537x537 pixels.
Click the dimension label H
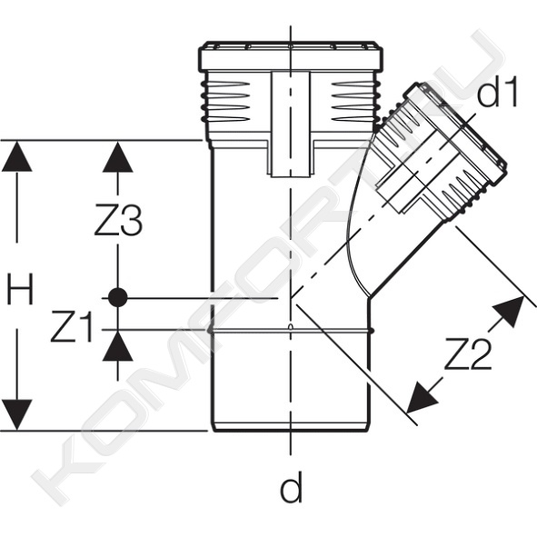point(20,289)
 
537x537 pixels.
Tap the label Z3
point(118,220)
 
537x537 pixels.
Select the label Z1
point(71,326)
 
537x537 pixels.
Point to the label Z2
point(468,353)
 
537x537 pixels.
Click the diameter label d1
point(497,91)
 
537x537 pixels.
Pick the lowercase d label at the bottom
point(292,486)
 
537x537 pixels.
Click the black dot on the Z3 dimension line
point(118,298)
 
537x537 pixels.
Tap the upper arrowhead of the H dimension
point(16,157)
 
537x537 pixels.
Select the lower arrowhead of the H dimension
point(16,414)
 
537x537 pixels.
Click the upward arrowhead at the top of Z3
point(118,157)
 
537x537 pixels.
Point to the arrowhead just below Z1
point(118,346)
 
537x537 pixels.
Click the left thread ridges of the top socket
point(225,102)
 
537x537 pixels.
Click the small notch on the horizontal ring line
point(291,326)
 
